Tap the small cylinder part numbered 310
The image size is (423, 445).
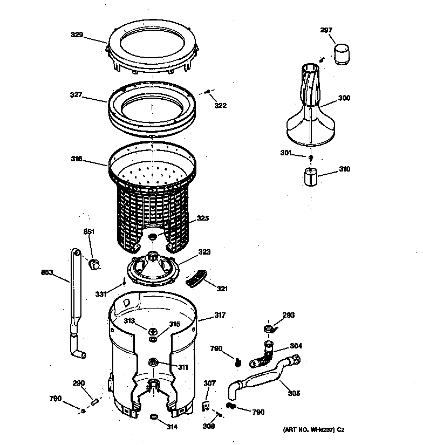[310, 176]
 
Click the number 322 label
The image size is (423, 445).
[220, 105]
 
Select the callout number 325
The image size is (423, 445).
[202, 218]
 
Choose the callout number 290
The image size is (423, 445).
[79, 383]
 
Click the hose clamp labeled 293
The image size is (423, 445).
[268, 327]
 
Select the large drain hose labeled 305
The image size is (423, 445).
[264, 380]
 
